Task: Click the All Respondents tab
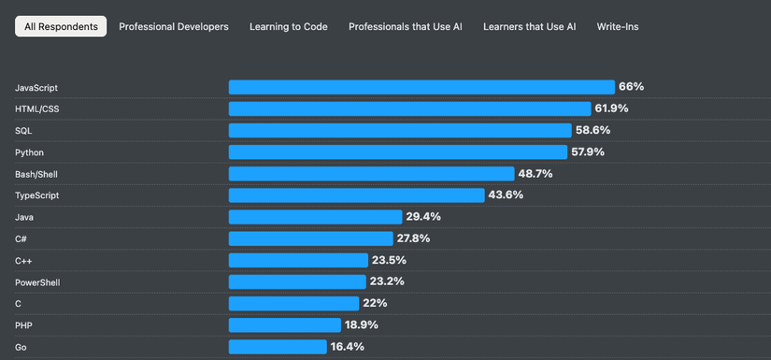[x=61, y=27]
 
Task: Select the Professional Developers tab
[x=174, y=27]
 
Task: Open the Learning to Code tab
[x=288, y=27]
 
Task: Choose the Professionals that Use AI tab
[x=405, y=27]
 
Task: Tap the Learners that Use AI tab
[x=529, y=27]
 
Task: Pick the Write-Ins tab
[x=618, y=27]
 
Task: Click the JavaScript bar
[x=421, y=87]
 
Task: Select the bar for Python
[x=398, y=151]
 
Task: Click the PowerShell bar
[x=297, y=281]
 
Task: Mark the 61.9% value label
[x=611, y=108]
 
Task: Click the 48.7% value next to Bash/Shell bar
[x=535, y=174]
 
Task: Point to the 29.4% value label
[x=423, y=217]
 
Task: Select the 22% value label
[x=375, y=303]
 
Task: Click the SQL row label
[x=23, y=130]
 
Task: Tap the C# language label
[x=21, y=238]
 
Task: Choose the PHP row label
[x=23, y=325]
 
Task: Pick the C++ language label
[x=24, y=261]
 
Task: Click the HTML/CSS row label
[x=36, y=108]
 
